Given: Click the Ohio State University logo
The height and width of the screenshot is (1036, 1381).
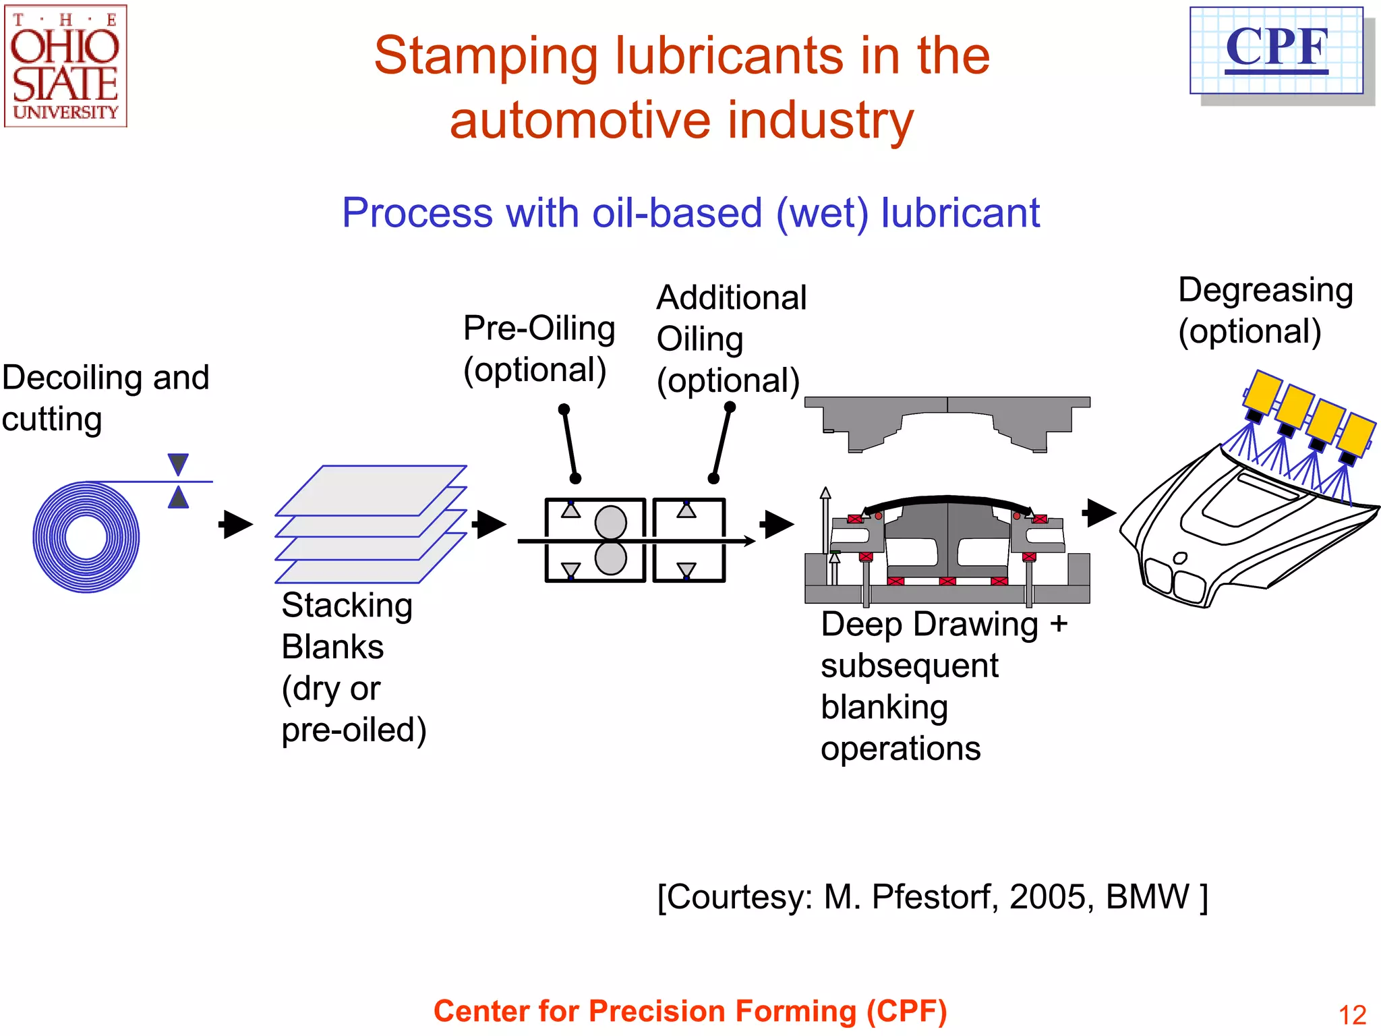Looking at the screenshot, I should [65, 66].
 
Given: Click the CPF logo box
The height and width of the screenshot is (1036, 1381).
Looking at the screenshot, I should [1276, 51].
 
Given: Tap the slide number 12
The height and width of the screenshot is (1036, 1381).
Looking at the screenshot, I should [1351, 1014].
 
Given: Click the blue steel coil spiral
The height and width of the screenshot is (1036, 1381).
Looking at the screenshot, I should [86, 538].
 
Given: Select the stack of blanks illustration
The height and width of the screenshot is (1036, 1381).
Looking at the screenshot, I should [371, 524].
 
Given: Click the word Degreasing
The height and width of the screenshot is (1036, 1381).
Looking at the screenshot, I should [1265, 291].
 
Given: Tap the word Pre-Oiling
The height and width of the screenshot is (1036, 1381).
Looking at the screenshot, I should [539, 329].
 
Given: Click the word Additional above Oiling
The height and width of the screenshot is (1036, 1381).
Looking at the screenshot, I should [731, 298].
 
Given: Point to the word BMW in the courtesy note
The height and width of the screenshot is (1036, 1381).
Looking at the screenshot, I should [1148, 897].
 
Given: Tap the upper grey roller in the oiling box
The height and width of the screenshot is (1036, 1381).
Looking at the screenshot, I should [611, 522].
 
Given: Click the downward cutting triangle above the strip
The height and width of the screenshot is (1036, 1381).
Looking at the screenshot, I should [178, 464].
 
